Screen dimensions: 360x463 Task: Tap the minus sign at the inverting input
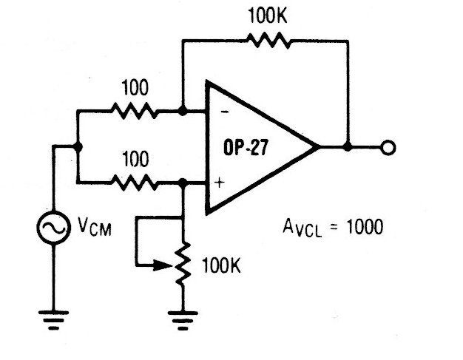(222, 113)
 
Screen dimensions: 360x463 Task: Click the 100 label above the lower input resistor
(133, 158)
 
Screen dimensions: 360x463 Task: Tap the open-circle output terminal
(387, 148)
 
